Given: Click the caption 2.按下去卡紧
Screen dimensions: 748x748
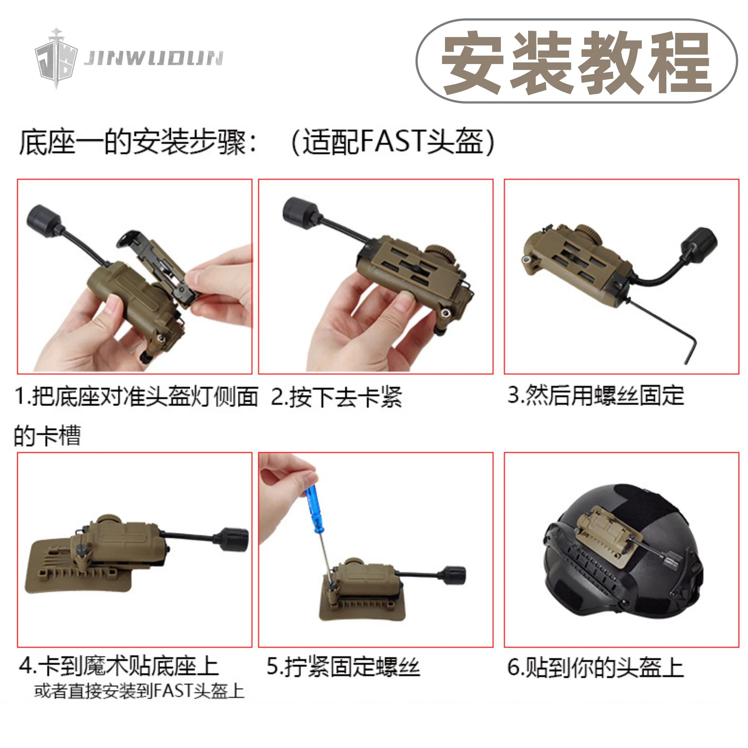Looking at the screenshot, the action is [x=336, y=397].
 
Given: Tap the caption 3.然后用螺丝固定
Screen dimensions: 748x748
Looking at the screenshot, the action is [x=596, y=396].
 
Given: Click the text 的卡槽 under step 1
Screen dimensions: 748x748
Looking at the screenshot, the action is [x=47, y=436].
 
